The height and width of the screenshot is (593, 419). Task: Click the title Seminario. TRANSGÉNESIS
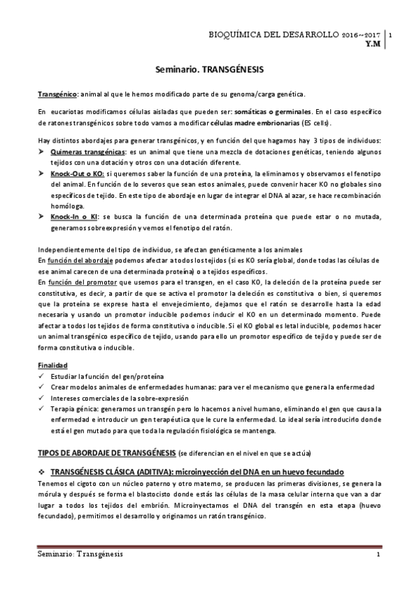(x=209, y=71)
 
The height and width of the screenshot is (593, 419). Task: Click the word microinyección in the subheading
(x=210, y=471)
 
